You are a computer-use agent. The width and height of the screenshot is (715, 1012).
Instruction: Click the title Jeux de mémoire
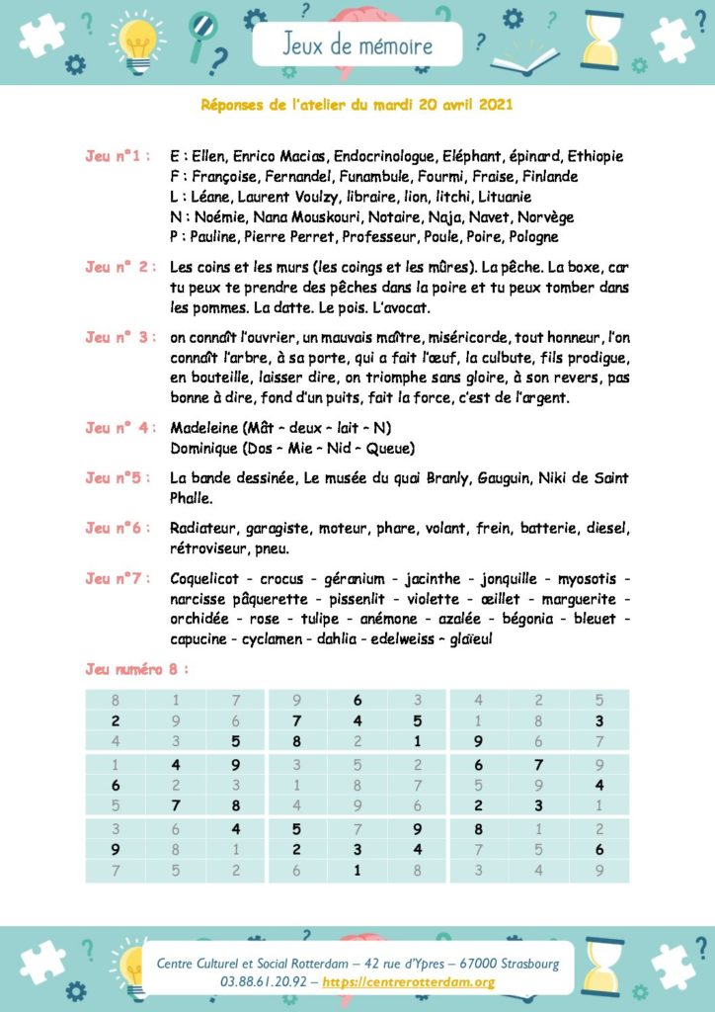tap(357, 45)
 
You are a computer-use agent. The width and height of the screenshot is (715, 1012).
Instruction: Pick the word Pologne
tap(532, 236)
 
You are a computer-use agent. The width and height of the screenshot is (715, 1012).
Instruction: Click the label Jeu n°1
tap(118, 156)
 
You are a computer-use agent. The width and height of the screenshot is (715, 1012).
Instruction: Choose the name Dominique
tap(206, 448)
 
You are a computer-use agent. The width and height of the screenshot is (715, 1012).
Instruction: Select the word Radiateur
tap(201, 528)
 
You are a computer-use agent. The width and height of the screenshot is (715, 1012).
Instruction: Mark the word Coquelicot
tap(207, 578)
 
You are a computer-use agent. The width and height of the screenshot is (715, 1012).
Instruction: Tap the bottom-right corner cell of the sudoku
tap(598, 871)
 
